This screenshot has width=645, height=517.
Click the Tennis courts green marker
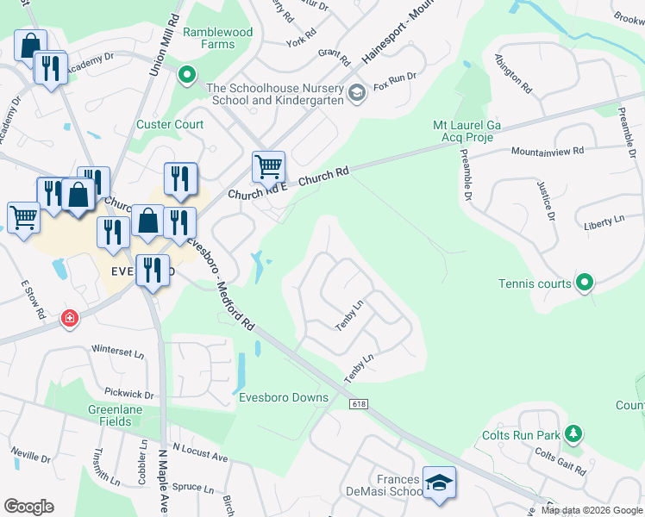point(585,283)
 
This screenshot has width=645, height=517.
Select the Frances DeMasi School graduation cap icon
point(439,483)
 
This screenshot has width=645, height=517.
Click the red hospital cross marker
point(69,320)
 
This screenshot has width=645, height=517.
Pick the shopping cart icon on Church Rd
point(268,165)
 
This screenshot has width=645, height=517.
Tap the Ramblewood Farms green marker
point(186,76)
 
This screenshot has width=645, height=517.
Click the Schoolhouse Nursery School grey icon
point(357,90)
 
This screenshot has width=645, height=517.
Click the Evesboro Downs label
point(284,397)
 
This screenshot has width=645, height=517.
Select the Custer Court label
point(170,124)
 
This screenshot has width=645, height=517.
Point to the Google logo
point(28,507)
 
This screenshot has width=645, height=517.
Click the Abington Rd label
point(511,74)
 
